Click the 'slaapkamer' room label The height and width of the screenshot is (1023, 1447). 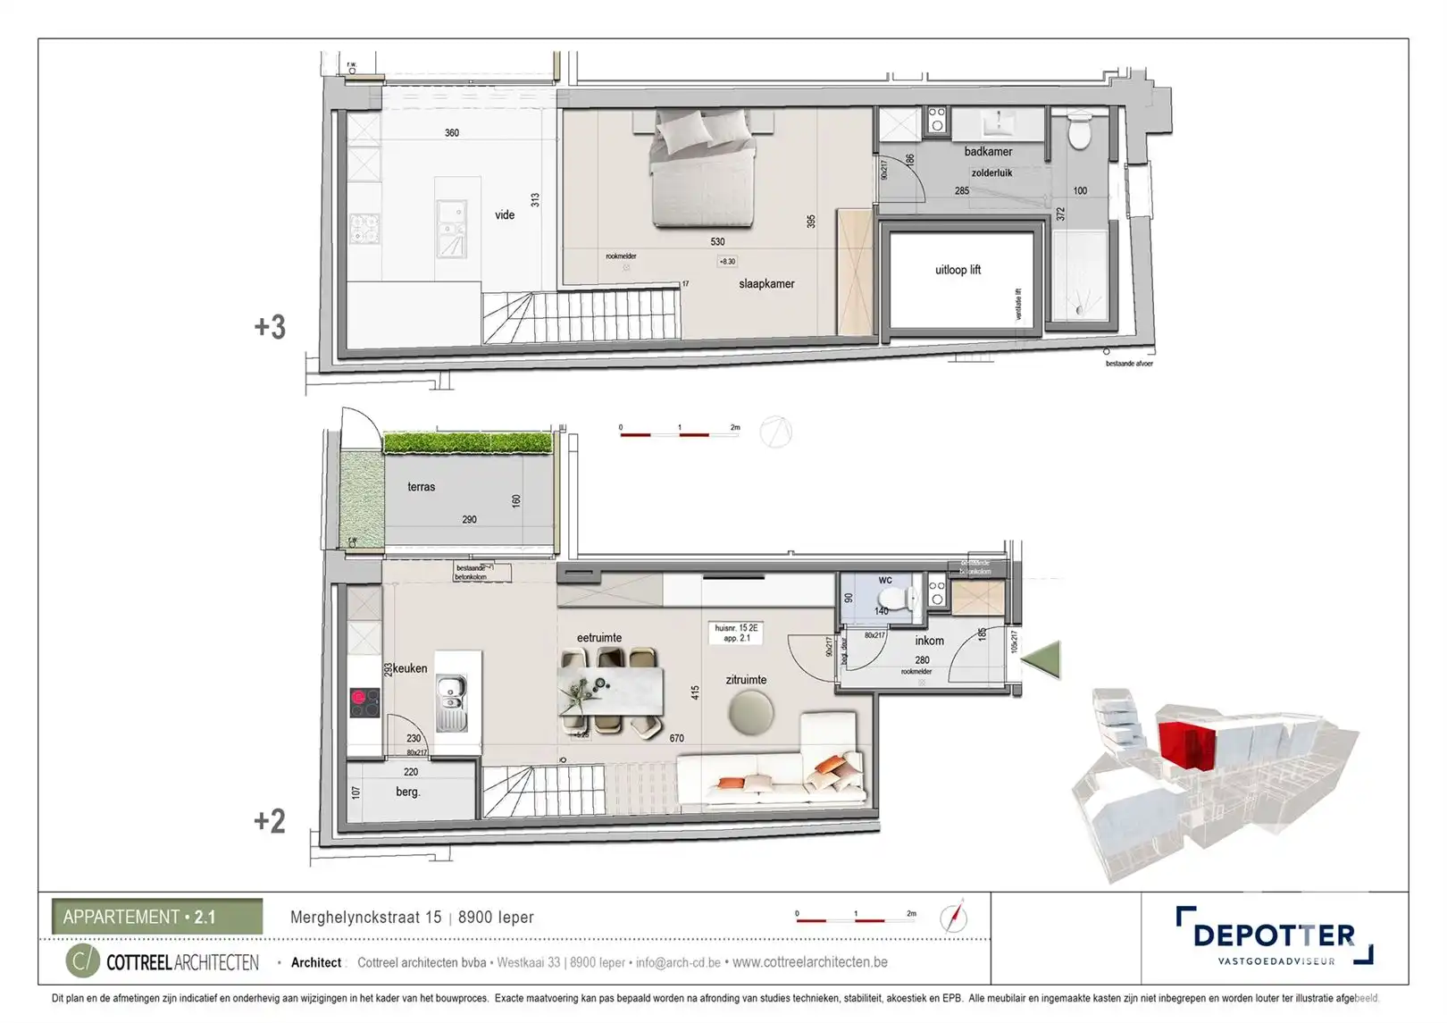(765, 283)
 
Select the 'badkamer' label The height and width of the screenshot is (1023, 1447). (988, 151)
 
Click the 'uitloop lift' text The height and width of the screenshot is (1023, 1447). (958, 269)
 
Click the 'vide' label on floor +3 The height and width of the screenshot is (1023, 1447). (505, 214)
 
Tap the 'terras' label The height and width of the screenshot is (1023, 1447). (421, 486)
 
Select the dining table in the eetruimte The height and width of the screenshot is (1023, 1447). (611, 692)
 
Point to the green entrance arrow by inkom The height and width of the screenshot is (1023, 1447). (1041, 659)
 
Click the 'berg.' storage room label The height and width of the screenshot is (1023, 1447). (407, 792)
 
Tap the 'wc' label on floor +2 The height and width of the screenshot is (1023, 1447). (885, 579)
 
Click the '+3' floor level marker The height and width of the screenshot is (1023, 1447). (270, 327)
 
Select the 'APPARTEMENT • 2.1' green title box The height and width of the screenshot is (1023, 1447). (157, 917)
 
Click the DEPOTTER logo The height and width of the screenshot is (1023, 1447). (1274, 935)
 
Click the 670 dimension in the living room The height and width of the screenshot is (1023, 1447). (676, 738)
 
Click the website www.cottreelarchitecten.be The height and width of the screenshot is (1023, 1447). (809, 962)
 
